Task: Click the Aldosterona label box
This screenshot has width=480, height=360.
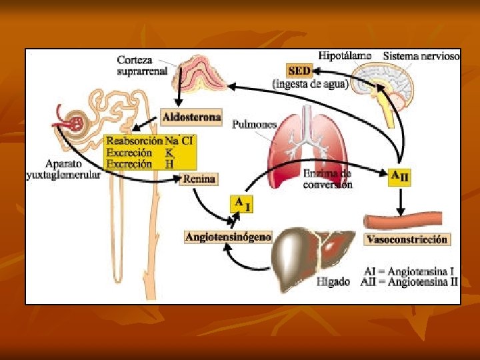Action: click(x=191, y=117)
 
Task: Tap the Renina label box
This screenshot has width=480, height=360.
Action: click(x=199, y=178)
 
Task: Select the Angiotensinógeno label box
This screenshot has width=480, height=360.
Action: click(x=228, y=237)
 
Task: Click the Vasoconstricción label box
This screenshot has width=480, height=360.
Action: click(x=408, y=239)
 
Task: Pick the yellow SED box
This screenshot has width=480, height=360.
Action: click(x=299, y=69)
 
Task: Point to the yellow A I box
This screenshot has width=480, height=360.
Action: click(x=241, y=203)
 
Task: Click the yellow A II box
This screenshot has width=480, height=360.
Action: click(x=399, y=177)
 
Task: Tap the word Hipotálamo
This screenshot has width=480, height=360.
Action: click(x=345, y=56)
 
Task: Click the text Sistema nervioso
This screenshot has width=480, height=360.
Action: click(x=421, y=56)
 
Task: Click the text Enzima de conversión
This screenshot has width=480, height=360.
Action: click(x=327, y=179)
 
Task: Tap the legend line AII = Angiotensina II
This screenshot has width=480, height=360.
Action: click(x=410, y=282)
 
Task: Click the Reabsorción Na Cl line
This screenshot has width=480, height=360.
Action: click(x=151, y=141)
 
